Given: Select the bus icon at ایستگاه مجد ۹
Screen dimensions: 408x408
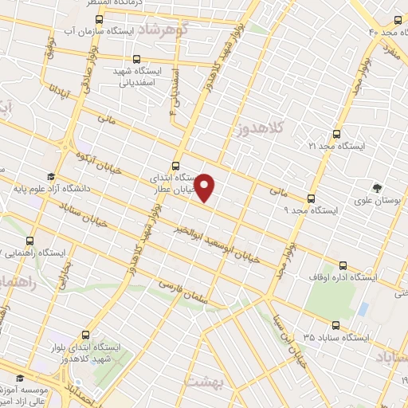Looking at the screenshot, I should (311, 198).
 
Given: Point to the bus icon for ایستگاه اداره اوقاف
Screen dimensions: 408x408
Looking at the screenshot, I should (343, 265).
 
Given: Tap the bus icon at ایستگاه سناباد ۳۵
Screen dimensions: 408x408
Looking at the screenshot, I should (335, 324).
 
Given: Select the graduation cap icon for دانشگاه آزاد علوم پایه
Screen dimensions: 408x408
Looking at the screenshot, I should (51, 177).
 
